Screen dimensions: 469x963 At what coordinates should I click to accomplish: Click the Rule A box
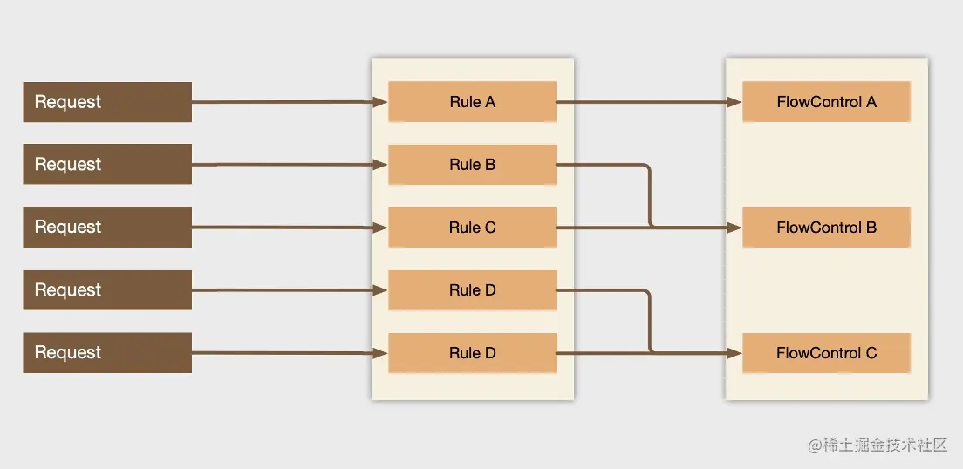click(472, 102)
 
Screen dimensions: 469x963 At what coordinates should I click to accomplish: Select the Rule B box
click(472, 165)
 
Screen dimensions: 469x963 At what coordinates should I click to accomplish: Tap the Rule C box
click(472, 228)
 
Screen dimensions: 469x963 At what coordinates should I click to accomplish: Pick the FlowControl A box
click(826, 102)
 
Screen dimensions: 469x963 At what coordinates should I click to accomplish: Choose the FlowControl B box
click(826, 228)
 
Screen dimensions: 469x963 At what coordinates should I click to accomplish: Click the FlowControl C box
click(826, 353)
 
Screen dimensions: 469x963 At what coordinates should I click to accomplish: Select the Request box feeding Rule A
click(106, 102)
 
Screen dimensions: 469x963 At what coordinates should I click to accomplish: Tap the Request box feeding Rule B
click(106, 165)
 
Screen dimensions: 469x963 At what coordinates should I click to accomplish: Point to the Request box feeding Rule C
click(106, 228)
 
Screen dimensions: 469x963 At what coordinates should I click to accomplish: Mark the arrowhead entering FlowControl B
click(734, 228)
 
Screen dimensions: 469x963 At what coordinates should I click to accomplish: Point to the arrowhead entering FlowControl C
click(734, 353)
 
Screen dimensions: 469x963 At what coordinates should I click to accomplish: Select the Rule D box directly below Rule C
click(472, 290)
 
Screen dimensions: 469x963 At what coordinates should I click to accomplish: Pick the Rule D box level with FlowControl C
click(472, 353)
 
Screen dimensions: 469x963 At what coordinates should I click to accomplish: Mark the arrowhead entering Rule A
click(380, 102)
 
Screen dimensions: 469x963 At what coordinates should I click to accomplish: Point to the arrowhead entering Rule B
click(380, 165)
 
